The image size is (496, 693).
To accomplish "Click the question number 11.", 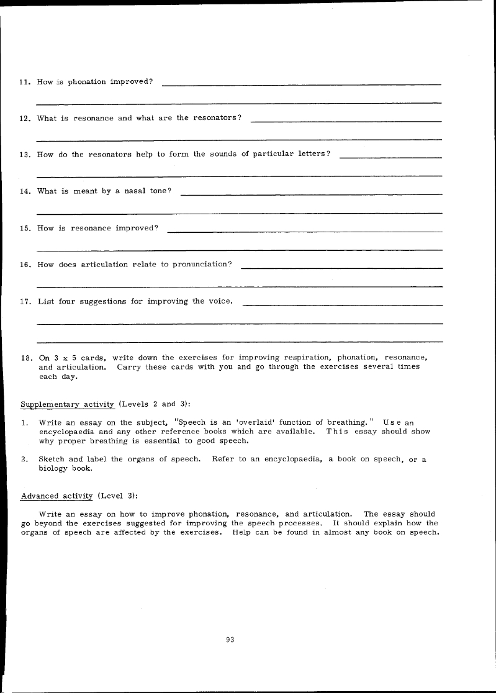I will tap(25, 82).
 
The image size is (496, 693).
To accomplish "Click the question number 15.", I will tap(25, 228).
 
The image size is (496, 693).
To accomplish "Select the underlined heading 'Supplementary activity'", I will tap(68, 404).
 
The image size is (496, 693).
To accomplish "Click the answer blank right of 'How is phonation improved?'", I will tap(301, 83).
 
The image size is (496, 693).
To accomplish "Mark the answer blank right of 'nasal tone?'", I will tap(311, 194).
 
